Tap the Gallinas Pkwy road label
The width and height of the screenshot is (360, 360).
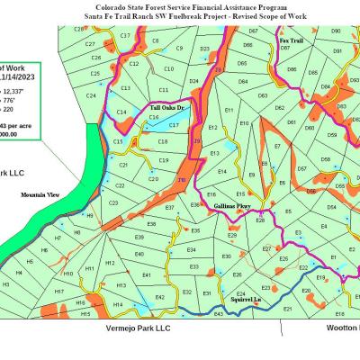click(233, 206)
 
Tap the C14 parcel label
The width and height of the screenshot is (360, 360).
click(121, 111)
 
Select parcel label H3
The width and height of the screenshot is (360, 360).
click(6, 283)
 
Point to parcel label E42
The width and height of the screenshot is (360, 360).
click(160, 296)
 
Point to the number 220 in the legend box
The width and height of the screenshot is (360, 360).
click(12, 109)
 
